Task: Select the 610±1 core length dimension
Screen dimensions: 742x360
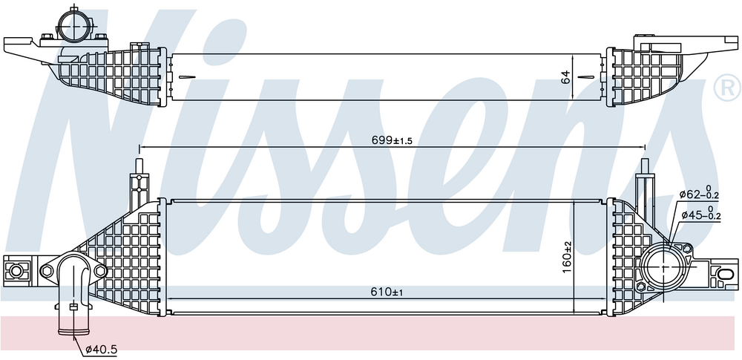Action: click(x=387, y=292)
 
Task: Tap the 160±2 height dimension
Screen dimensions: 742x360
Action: click(x=568, y=258)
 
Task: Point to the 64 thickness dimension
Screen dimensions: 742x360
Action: click(x=565, y=77)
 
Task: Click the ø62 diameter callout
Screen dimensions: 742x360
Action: click(x=700, y=194)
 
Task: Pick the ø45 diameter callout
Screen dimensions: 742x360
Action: click(x=701, y=215)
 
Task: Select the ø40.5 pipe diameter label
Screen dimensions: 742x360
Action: click(x=101, y=350)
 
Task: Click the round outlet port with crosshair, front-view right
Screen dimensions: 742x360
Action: click(x=666, y=266)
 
